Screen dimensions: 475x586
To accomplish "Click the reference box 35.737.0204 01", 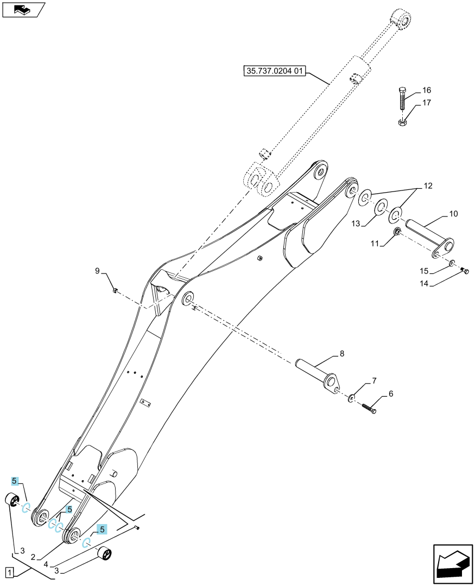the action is click(x=275, y=71).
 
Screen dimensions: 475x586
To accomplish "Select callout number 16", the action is click(x=426, y=90).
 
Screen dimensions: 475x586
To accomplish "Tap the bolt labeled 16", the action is click(x=402, y=97).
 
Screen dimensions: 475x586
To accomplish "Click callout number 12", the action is click(x=428, y=186).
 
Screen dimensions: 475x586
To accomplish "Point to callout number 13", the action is click(x=356, y=224).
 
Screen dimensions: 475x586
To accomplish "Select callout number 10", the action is click(x=453, y=214).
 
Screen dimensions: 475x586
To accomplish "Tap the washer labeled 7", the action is click(x=352, y=398).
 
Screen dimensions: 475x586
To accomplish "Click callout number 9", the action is click(x=97, y=271).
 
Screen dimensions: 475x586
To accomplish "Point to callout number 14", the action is click(x=424, y=284).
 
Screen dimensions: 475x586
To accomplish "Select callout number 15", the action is click(x=424, y=271).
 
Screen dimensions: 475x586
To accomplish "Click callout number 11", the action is click(x=375, y=244).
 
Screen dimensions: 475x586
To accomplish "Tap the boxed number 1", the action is click(x=10, y=572).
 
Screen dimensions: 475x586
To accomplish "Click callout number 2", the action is click(x=33, y=557).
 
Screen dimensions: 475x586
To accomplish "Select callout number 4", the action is click(x=46, y=565).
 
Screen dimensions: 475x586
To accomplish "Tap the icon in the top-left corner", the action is click(x=23, y=9).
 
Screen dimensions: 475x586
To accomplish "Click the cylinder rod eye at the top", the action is click(x=402, y=18).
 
